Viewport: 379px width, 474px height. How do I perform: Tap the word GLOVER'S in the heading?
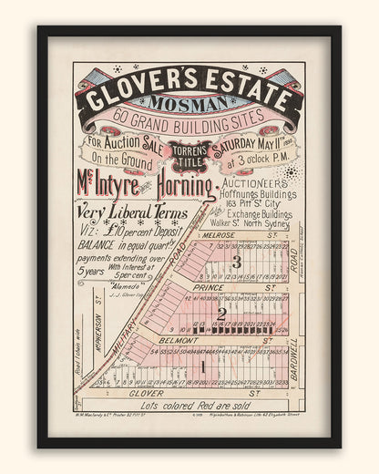(140, 82)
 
